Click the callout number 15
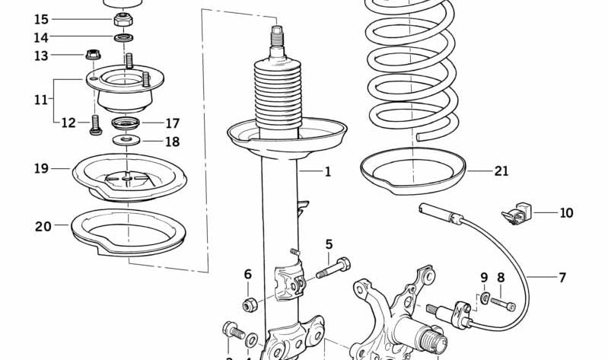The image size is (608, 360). pyautogui.click(x=41, y=19)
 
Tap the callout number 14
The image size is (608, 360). pyautogui.click(x=41, y=37)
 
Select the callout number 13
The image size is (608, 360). pyautogui.click(x=41, y=56)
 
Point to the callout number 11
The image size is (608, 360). pyautogui.click(x=41, y=99)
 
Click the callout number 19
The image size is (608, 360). pyautogui.click(x=41, y=168)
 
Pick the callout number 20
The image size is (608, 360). pyautogui.click(x=43, y=226)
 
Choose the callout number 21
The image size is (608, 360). pyautogui.click(x=501, y=171)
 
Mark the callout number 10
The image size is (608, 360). pyautogui.click(x=566, y=213)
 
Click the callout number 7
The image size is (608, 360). pyautogui.click(x=562, y=278)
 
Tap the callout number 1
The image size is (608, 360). pyautogui.click(x=328, y=172)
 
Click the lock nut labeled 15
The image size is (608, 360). pyautogui.click(x=122, y=18)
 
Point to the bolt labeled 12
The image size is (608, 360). pyautogui.click(x=95, y=125)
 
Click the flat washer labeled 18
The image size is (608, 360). pyautogui.click(x=125, y=141)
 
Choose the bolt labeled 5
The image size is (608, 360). pyautogui.click(x=333, y=268)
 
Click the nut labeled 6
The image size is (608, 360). pyautogui.click(x=247, y=305)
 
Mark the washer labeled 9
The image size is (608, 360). pyautogui.click(x=485, y=296)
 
